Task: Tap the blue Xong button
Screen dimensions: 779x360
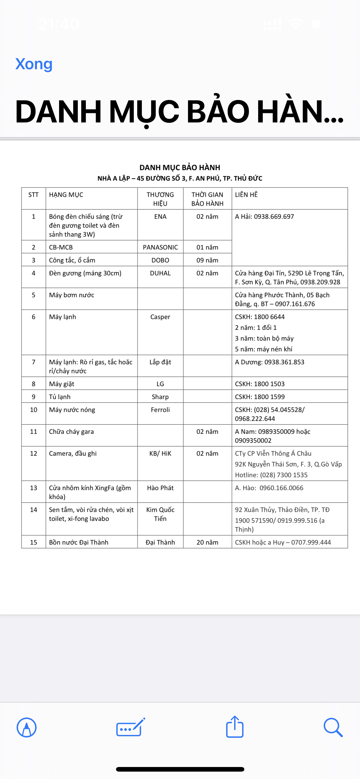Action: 34,64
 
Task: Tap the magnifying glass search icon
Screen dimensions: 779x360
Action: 333,727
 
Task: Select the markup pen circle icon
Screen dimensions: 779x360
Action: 27,727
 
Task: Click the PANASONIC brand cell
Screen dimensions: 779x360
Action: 160,247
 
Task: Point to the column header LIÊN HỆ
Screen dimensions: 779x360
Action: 246,195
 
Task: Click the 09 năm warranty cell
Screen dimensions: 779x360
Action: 207,260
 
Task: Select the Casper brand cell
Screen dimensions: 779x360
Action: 160,317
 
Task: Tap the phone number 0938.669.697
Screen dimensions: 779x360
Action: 274,217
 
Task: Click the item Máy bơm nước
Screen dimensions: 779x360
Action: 72,295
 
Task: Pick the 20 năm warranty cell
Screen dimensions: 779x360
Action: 207,542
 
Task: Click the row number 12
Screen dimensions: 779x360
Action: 34,453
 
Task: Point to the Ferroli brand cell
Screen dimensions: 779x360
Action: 160,410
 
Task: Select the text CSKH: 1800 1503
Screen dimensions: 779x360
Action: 260,384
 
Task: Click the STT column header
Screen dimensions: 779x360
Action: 34,195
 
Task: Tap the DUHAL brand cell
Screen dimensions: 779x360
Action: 160,273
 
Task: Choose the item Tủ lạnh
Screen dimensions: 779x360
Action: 60,397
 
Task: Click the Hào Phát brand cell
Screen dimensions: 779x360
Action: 160,488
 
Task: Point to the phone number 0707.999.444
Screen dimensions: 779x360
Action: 311,542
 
